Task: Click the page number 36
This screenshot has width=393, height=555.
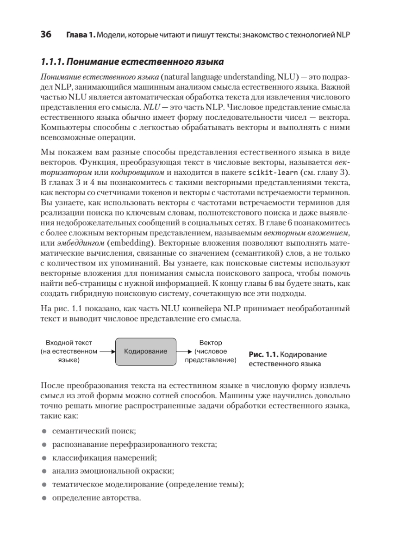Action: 46,35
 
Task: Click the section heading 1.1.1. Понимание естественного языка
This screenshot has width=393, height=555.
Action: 132,62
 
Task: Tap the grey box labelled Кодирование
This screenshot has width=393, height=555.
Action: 146,351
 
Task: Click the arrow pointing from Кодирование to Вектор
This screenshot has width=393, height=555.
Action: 185,351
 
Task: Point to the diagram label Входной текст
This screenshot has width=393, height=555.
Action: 69,343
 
